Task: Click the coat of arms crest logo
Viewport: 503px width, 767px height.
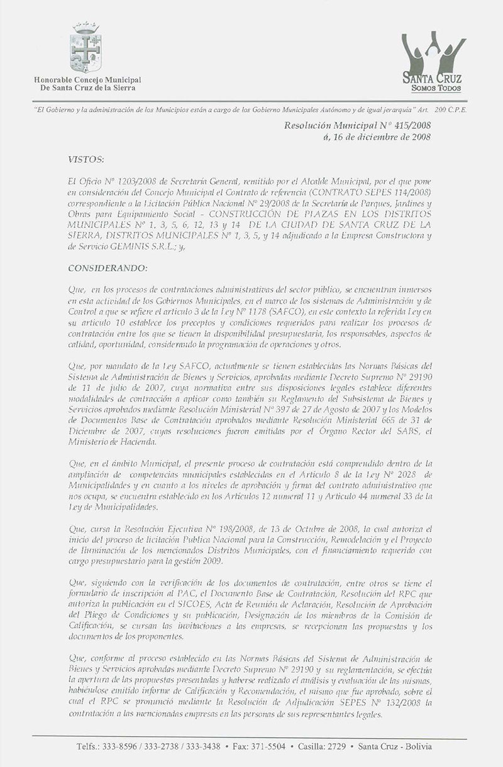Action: point(86,48)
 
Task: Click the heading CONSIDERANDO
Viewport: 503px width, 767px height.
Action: point(108,268)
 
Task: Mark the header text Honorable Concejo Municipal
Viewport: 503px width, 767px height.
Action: point(87,80)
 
